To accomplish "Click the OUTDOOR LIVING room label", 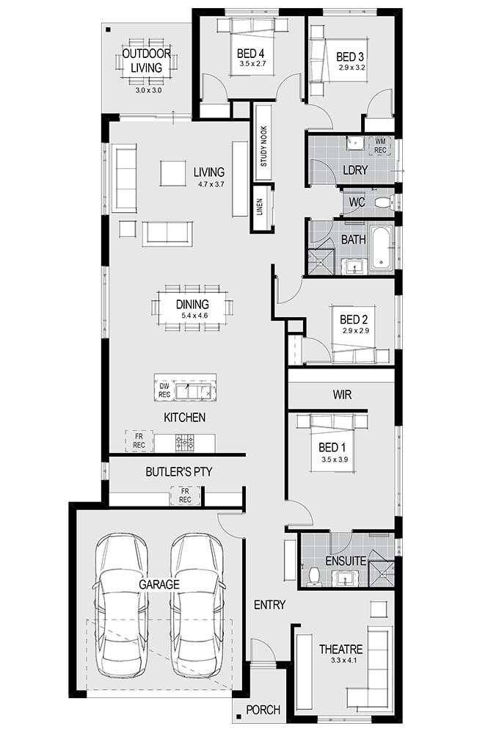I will pos(147,60).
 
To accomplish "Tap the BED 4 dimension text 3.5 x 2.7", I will pos(251,65).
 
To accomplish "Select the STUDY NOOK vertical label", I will pos(263,144).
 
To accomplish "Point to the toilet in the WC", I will pos(382,202).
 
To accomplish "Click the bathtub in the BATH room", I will pos(382,248).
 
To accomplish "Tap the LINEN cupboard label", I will pos(260,208).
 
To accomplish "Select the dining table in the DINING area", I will pos(192,305).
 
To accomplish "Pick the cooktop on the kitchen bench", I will pos(184,442).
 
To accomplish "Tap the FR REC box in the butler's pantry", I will pos(185,495).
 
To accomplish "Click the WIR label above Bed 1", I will pos(341,395).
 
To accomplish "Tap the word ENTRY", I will pos(269,604).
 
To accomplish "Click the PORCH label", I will pos(263,710).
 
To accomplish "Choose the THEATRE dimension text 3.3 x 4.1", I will pos(340,662).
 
